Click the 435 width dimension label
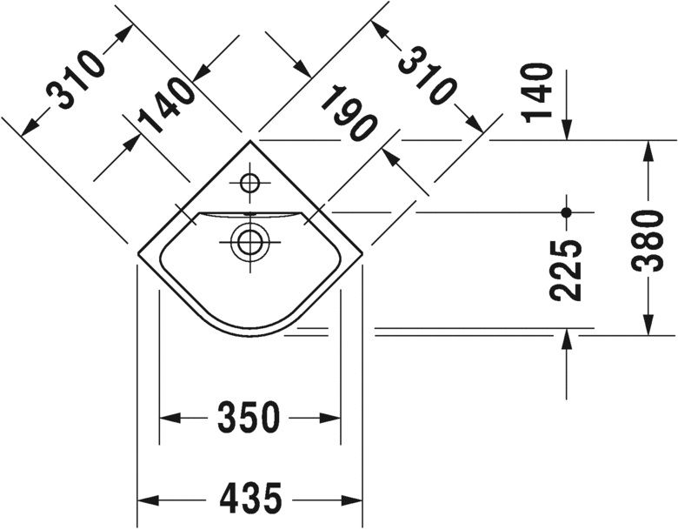click(x=250, y=499)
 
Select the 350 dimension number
click(x=250, y=418)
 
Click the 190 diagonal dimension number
click(x=348, y=114)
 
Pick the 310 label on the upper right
click(x=428, y=77)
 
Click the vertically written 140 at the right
click(x=538, y=92)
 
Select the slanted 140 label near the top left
click(x=165, y=105)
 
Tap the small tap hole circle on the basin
click(x=249, y=184)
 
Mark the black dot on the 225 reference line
click(x=566, y=211)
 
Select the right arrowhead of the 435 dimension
click(x=356, y=500)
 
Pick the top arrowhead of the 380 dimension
click(x=648, y=148)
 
